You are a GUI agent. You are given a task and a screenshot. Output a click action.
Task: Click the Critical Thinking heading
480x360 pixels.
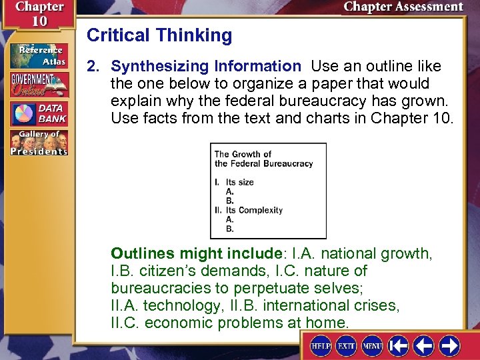pos(159,35)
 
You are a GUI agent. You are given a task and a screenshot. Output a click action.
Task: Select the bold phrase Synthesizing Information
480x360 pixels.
pos(206,67)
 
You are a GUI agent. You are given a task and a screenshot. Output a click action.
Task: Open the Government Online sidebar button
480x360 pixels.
pos(38,85)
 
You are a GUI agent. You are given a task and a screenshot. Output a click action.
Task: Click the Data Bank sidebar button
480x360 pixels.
pos(38,113)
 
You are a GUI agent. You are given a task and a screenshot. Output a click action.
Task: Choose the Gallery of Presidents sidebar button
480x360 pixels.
pos(38,143)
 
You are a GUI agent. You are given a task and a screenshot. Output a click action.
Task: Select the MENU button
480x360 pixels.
pos(372,347)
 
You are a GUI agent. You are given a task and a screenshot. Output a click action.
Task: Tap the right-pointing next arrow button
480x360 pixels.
pos(449,346)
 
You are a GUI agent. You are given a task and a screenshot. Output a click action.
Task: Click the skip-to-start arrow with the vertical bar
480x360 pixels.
pos(399,346)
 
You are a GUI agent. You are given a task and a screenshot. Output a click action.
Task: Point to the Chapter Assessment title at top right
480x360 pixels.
pos(403,7)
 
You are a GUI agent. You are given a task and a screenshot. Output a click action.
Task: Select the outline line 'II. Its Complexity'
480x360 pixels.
pos(249,210)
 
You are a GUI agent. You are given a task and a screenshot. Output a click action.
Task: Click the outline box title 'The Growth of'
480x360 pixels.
pos(243,155)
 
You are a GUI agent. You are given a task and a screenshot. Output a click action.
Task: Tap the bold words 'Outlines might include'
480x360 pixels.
pos(197,254)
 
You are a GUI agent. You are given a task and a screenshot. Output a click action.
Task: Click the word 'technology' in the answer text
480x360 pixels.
pos(180,306)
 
